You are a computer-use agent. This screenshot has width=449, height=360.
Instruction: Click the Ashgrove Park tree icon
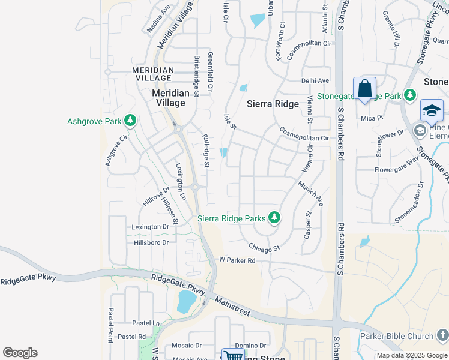(130, 121)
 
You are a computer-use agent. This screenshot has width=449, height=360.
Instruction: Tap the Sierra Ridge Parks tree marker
(274, 218)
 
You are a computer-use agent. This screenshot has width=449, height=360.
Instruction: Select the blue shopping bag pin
(364, 89)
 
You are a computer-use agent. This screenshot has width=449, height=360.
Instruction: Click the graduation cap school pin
(432, 111)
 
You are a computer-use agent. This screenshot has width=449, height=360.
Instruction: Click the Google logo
(20, 353)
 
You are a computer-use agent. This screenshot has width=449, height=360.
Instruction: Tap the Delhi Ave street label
(315, 80)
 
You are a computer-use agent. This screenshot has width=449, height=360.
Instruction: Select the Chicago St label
(265, 247)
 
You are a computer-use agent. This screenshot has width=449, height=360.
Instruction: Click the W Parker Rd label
(237, 260)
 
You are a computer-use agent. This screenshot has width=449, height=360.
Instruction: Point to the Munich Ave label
(310, 193)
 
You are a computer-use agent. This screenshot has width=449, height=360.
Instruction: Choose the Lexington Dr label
(151, 227)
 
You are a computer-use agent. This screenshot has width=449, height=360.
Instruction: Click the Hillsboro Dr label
(151, 242)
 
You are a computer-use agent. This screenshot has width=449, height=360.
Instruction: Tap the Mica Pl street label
(368, 118)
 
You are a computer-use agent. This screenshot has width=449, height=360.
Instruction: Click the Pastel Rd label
(131, 337)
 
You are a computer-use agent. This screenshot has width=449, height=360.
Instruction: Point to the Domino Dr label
(250, 346)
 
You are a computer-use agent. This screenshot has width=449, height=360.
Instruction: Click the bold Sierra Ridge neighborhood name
(273, 104)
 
